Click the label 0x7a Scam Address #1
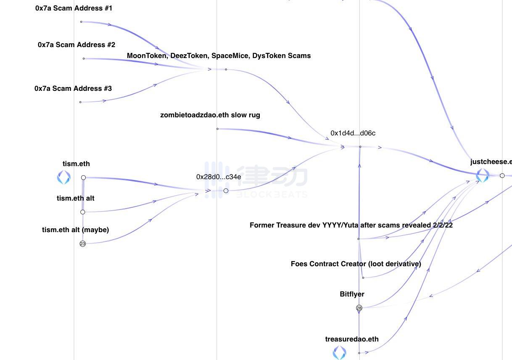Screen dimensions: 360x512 coord(74,8)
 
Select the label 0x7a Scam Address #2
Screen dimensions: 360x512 coord(77,45)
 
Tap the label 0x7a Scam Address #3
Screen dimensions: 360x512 coord(73,88)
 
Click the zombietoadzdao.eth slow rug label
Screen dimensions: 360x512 coord(210,115)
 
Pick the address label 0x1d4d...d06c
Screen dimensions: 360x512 coord(353,133)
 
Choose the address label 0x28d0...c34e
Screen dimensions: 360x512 coord(219,177)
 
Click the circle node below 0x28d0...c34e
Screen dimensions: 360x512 coord(226,191)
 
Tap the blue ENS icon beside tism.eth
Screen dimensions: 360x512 coord(64,177)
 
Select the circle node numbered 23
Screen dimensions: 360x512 coord(83,244)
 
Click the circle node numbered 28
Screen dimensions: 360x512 coord(359,308)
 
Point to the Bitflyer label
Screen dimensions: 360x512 coord(352,294)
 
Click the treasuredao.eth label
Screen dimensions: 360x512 coord(351,339)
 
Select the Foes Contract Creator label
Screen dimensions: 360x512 coord(356,264)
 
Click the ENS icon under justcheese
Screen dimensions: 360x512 coord(483,175)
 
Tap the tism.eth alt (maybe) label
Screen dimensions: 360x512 coord(75,230)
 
